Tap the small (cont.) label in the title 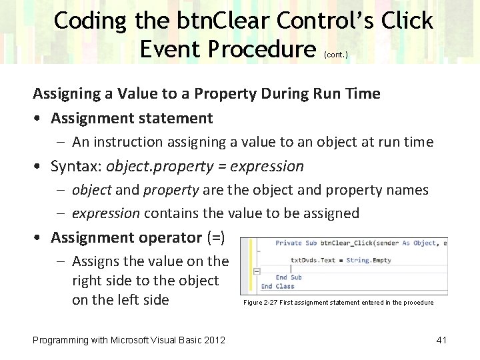click(x=335, y=55)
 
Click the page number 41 click(x=441, y=340)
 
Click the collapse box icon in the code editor click(x=255, y=271)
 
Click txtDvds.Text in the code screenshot click(x=313, y=260)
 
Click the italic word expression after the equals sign click(x=269, y=166)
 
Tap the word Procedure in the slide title click(x=261, y=48)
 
